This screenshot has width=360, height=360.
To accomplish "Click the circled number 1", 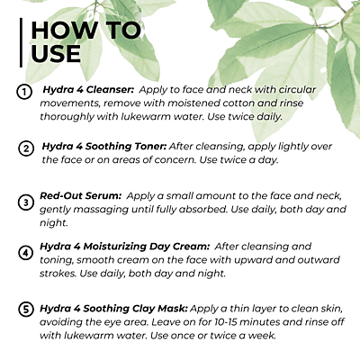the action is click(x=24, y=92).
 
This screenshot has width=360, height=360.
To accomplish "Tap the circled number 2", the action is click(x=26, y=148).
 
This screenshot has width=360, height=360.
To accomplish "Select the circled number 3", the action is click(x=26, y=202).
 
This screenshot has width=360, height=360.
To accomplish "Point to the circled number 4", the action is click(x=26, y=253).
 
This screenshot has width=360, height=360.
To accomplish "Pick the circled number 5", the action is click(x=26, y=310).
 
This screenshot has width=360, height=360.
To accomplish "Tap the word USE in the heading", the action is click(x=56, y=54).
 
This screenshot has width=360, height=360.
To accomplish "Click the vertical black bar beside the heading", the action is click(x=21, y=42).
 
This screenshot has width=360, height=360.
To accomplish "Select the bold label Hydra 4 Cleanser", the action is click(x=88, y=90).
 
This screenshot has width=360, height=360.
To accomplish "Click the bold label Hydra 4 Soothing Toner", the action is click(x=104, y=147).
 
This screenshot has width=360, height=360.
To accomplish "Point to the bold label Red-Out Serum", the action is click(x=80, y=195).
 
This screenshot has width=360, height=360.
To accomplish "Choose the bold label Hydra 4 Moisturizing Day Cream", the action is click(x=125, y=247).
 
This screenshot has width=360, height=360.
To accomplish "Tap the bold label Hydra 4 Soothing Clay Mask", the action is click(x=114, y=309).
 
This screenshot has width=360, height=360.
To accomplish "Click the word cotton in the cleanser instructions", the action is click(x=238, y=103).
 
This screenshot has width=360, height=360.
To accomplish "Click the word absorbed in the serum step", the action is click(x=202, y=209).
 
